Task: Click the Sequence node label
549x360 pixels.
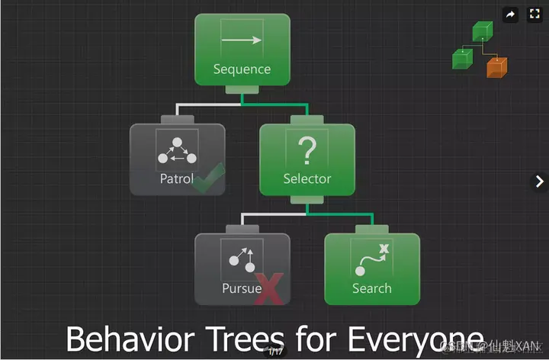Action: [242, 69]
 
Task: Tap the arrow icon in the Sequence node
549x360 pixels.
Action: [242, 40]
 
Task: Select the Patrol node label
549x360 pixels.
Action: [176, 179]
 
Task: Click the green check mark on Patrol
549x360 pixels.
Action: [208, 177]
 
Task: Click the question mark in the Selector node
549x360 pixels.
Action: [307, 151]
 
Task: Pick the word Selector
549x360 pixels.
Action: [307, 179]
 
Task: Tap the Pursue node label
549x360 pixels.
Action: [242, 288]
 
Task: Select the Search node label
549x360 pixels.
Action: [372, 288]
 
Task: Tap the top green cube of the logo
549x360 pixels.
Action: [482, 31]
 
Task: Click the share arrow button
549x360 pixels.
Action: [510, 14]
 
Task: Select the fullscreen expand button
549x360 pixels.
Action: [533, 14]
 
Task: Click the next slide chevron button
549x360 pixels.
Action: [539, 181]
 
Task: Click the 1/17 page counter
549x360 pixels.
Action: [274, 352]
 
